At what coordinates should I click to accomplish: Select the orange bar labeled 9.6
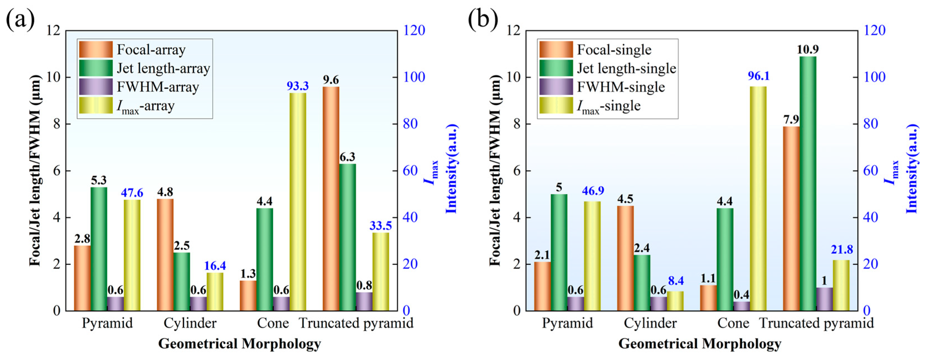pyautogui.click(x=331, y=199)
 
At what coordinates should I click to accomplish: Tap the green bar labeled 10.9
pyautogui.click(x=808, y=183)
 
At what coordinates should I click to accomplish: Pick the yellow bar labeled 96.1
pyautogui.click(x=758, y=198)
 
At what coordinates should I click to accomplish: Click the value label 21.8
pyautogui.click(x=842, y=249)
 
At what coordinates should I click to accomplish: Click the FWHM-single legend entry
pyautogui.click(x=621, y=87)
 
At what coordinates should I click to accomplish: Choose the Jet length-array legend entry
pyautogui.click(x=163, y=68)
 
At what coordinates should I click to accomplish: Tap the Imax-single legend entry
pyautogui.click(x=609, y=106)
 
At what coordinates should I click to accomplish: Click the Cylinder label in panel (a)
pyautogui.click(x=190, y=323)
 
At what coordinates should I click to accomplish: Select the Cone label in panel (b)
pyautogui.click(x=733, y=323)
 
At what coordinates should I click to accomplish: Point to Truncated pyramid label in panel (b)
pyautogui.click(x=816, y=323)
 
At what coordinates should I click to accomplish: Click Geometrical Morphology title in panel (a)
pyautogui.click(x=239, y=344)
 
